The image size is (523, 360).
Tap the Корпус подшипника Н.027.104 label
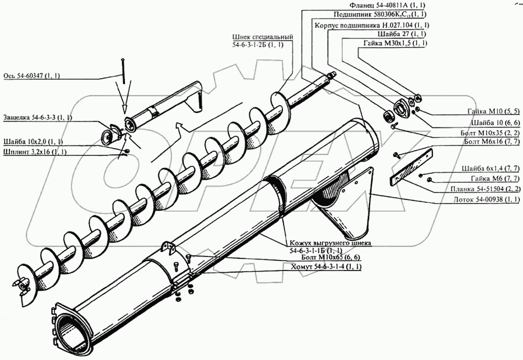coord(371,26)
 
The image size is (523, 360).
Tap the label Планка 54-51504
coord(482,189)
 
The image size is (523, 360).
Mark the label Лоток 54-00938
coord(483,199)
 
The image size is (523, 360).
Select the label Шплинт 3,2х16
coord(34,152)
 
